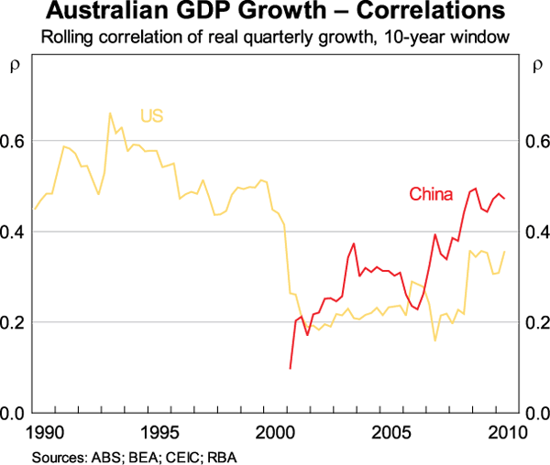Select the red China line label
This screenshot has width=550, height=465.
428,193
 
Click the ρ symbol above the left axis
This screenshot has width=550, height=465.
13,66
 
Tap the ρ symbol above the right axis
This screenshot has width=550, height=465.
537,66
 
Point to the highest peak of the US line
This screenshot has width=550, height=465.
110,114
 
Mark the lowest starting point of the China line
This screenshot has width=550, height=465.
290,368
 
